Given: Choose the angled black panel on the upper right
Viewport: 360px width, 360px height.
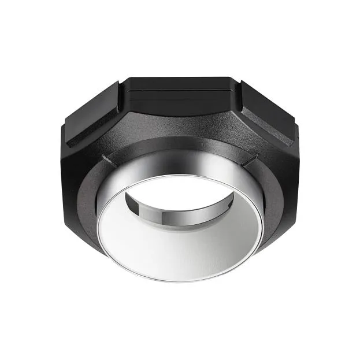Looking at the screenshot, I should coord(269,116).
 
